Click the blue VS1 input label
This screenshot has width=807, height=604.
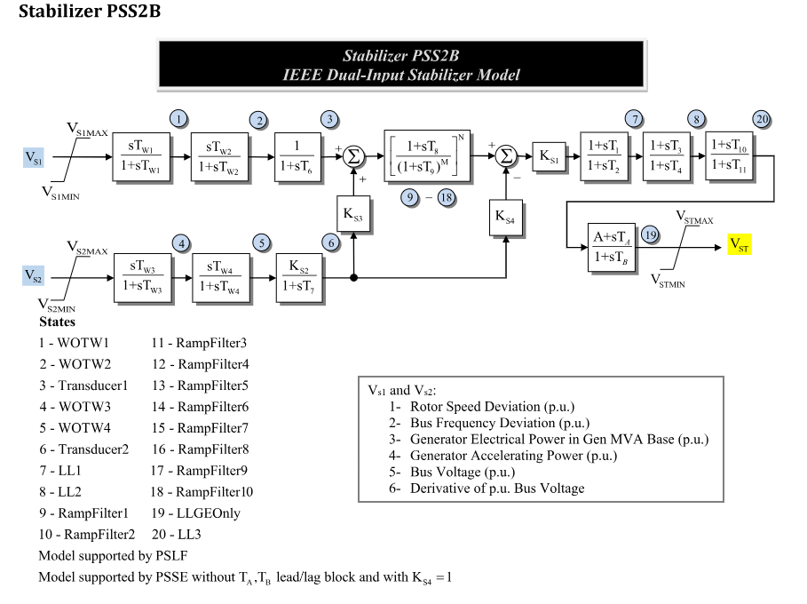point(35,158)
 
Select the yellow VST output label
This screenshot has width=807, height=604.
point(739,244)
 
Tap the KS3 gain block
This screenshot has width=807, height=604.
point(354,215)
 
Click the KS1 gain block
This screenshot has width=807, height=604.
point(550,156)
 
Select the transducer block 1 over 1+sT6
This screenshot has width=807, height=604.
point(301,156)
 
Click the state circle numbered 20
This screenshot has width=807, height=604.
point(762,119)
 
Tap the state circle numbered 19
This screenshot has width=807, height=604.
point(651,234)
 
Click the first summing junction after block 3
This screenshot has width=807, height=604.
point(354,156)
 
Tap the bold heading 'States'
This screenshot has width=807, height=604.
point(58,322)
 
